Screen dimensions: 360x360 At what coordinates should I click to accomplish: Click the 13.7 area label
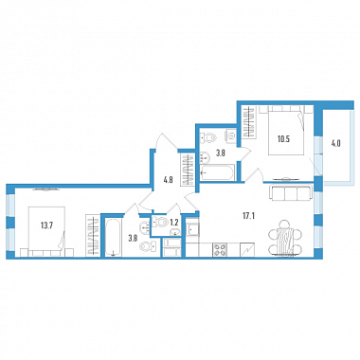[46, 225]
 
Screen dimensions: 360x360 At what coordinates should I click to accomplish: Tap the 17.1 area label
[249, 216]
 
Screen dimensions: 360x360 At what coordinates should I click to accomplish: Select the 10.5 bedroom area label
[284, 139]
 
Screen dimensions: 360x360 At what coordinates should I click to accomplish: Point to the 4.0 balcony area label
[336, 144]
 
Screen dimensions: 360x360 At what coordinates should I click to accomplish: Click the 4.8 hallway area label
[169, 182]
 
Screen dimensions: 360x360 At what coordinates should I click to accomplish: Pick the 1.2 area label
[174, 222]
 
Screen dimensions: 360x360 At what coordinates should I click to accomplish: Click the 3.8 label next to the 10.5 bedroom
[220, 154]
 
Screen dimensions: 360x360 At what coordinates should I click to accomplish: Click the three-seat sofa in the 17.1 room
[290, 192]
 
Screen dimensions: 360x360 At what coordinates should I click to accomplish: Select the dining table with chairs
[285, 237]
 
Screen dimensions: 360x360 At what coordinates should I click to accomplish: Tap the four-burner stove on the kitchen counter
[220, 249]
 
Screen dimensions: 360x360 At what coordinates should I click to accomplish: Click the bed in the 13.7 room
[46, 228]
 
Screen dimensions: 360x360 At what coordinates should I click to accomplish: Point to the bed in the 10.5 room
[286, 131]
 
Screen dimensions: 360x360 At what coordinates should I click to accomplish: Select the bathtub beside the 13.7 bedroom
[113, 237]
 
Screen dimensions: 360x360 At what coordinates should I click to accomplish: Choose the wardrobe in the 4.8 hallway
[188, 170]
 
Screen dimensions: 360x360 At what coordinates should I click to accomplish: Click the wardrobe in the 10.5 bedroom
[250, 122]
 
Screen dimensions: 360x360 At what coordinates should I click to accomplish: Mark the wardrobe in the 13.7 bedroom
[93, 236]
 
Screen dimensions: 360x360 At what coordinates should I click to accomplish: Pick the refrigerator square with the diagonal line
[247, 249]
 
